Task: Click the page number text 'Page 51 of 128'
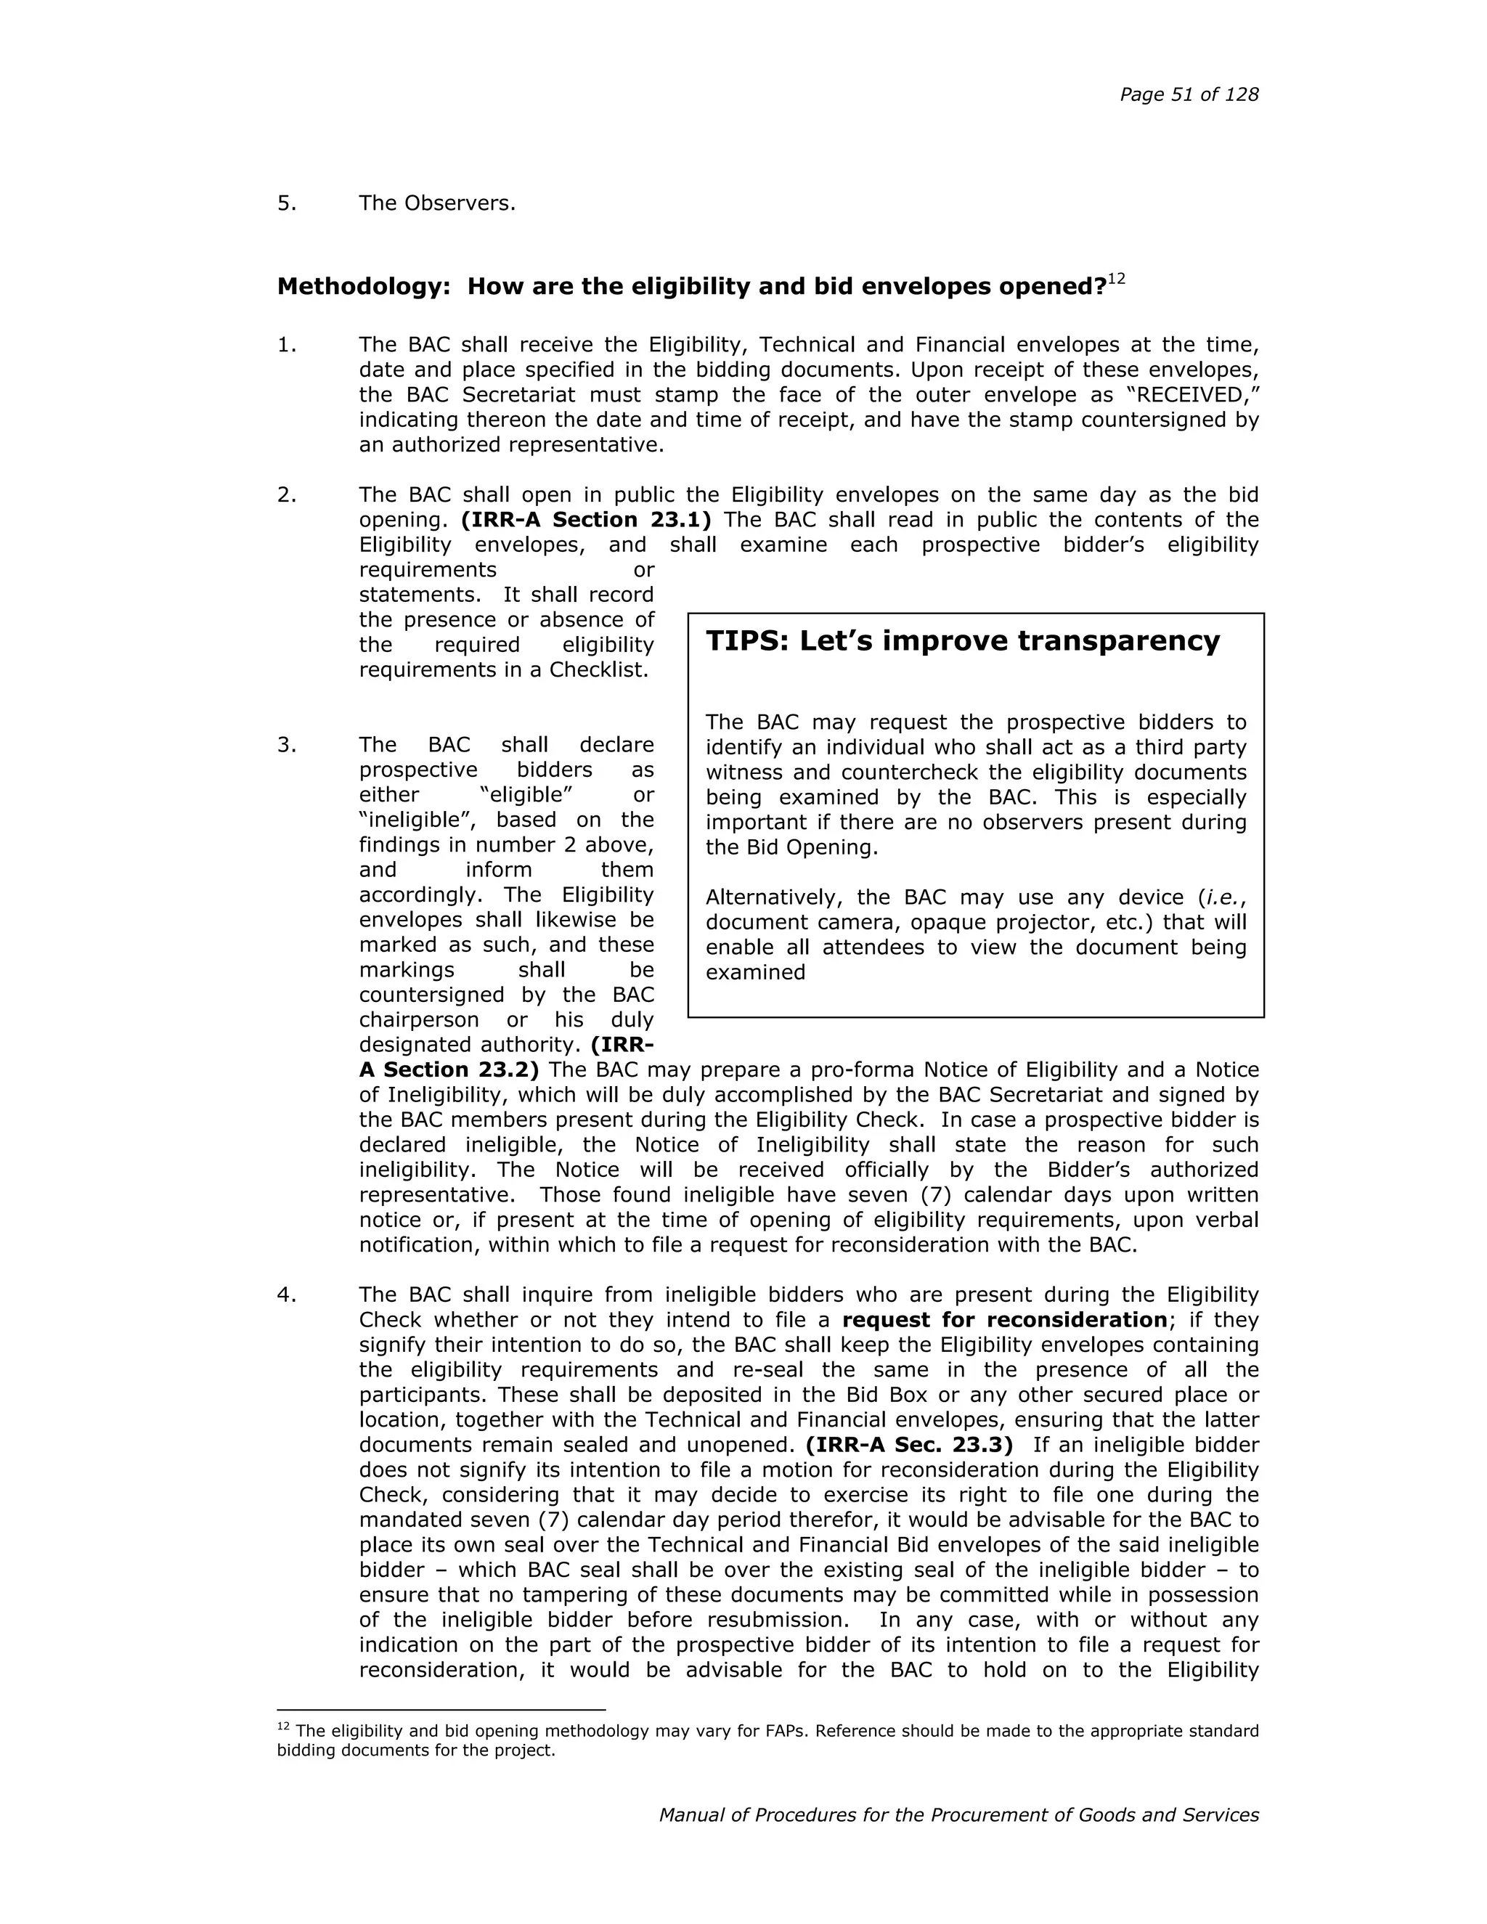coord(1189,95)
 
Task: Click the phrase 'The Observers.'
coord(436,203)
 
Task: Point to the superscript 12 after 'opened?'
coord(1116,280)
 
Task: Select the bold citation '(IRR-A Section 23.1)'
coord(586,520)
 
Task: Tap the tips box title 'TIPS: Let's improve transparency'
coord(962,641)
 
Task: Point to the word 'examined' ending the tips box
coord(755,973)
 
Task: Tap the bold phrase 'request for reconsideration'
coord(1004,1321)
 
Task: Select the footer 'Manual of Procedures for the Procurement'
coord(881,1816)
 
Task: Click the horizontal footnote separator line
coord(441,1710)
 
